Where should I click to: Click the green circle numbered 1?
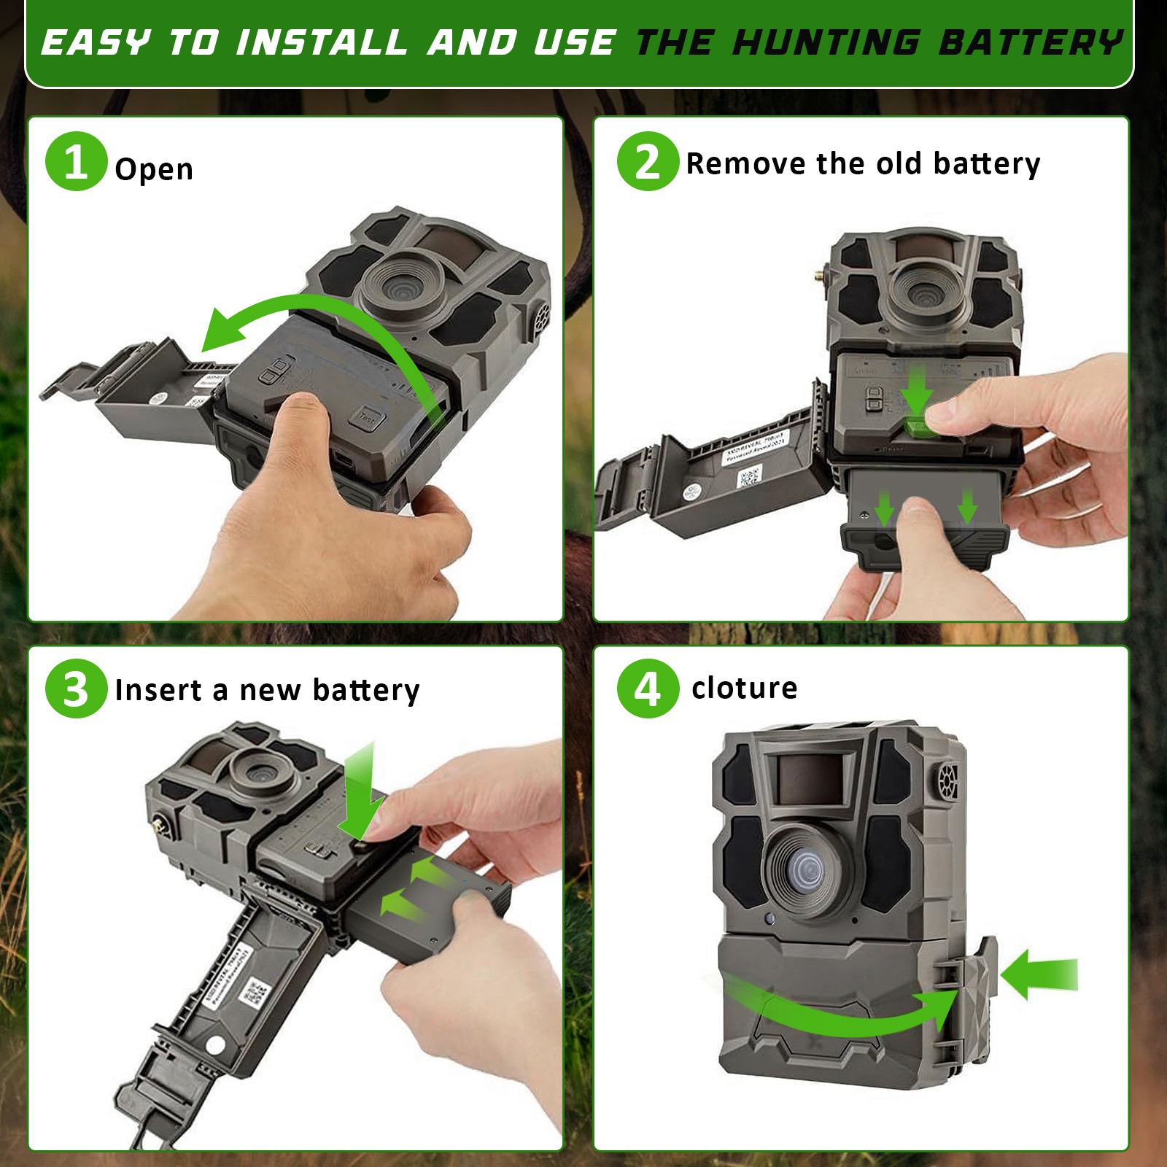click(x=76, y=161)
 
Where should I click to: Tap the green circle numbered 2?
click(x=648, y=161)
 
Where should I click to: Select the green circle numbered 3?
click(x=76, y=689)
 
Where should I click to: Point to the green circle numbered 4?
click(x=648, y=689)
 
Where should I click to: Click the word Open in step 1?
click(x=154, y=169)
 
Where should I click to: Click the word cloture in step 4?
click(x=744, y=688)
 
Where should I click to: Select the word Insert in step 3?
click(x=158, y=690)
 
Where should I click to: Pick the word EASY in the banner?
click(x=95, y=42)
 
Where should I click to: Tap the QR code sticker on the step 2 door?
click(x=750, y=478)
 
